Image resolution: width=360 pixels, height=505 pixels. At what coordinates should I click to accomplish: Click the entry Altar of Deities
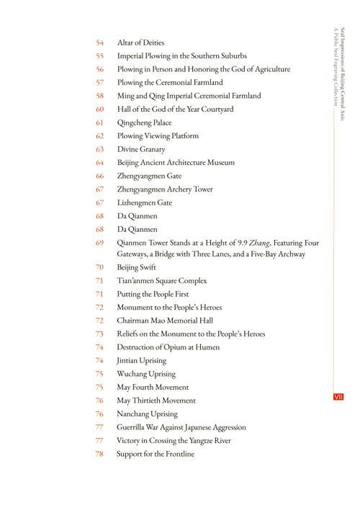(x=140, y=43)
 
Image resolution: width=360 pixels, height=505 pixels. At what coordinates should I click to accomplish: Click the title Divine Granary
(x=141, y=149)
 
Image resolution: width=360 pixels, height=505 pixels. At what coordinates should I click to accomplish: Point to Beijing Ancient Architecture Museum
(x=176, y=163)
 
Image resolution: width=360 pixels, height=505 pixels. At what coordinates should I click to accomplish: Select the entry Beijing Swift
(x=137, y=267)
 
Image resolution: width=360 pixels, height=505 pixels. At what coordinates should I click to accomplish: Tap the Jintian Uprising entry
(x=141, y=360)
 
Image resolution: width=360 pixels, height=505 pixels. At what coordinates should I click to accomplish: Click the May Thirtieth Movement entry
(x=156, y=401)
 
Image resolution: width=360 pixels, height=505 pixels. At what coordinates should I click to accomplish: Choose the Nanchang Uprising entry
(x=147, y=414)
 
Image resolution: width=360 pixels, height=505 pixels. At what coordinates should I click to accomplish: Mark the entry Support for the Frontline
(x=155, y=454)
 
